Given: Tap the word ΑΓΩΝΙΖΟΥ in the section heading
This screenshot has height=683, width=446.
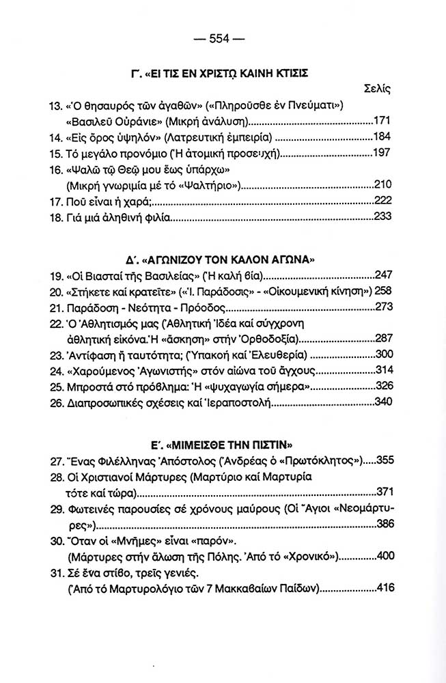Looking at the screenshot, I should pos(185,260).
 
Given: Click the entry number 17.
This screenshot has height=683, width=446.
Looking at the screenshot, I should pos(57,203).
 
